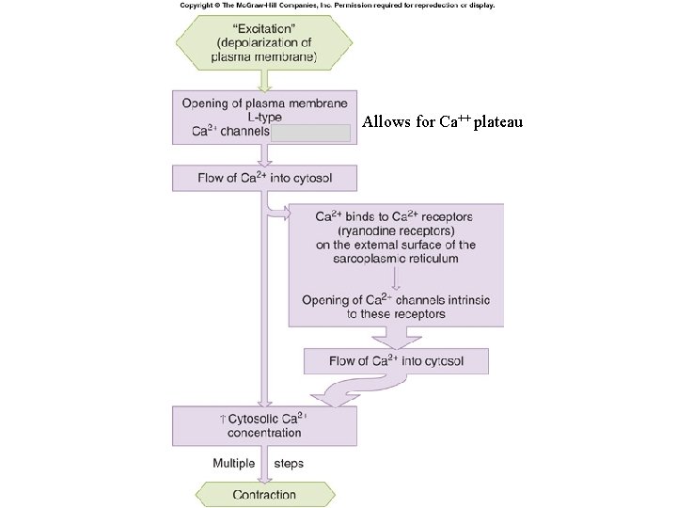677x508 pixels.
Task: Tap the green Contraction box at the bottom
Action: tap(264, 494)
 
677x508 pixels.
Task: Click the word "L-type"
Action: tap(264, 118)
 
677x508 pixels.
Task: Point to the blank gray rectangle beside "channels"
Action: tap(311, 133)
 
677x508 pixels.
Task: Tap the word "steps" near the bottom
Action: tap(289, 463)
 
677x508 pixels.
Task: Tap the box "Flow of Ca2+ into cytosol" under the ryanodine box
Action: tap(396, 360)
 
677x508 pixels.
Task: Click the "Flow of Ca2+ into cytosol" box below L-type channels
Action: tap(264, 178)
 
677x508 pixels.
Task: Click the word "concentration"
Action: tap(264, 433)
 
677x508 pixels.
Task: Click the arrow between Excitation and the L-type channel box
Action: tap(264, 79)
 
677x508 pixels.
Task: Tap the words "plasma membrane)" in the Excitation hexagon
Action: tap(265, 58)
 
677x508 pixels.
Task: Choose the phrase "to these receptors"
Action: tap(396, 314)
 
